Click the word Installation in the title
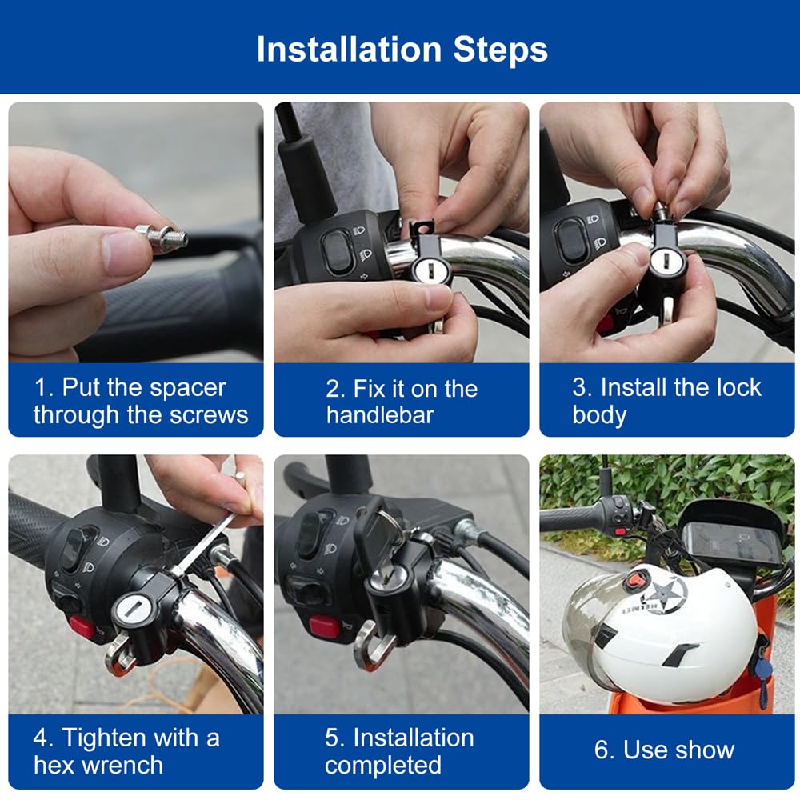tap(349, 50)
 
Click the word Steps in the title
tap(501, 50)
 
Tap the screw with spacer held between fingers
tap(162, 236)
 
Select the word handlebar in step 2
tap(379, 414)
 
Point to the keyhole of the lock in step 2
tap(426, 268)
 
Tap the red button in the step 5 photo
tap(325, 627)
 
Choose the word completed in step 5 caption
tap(383, 766)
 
